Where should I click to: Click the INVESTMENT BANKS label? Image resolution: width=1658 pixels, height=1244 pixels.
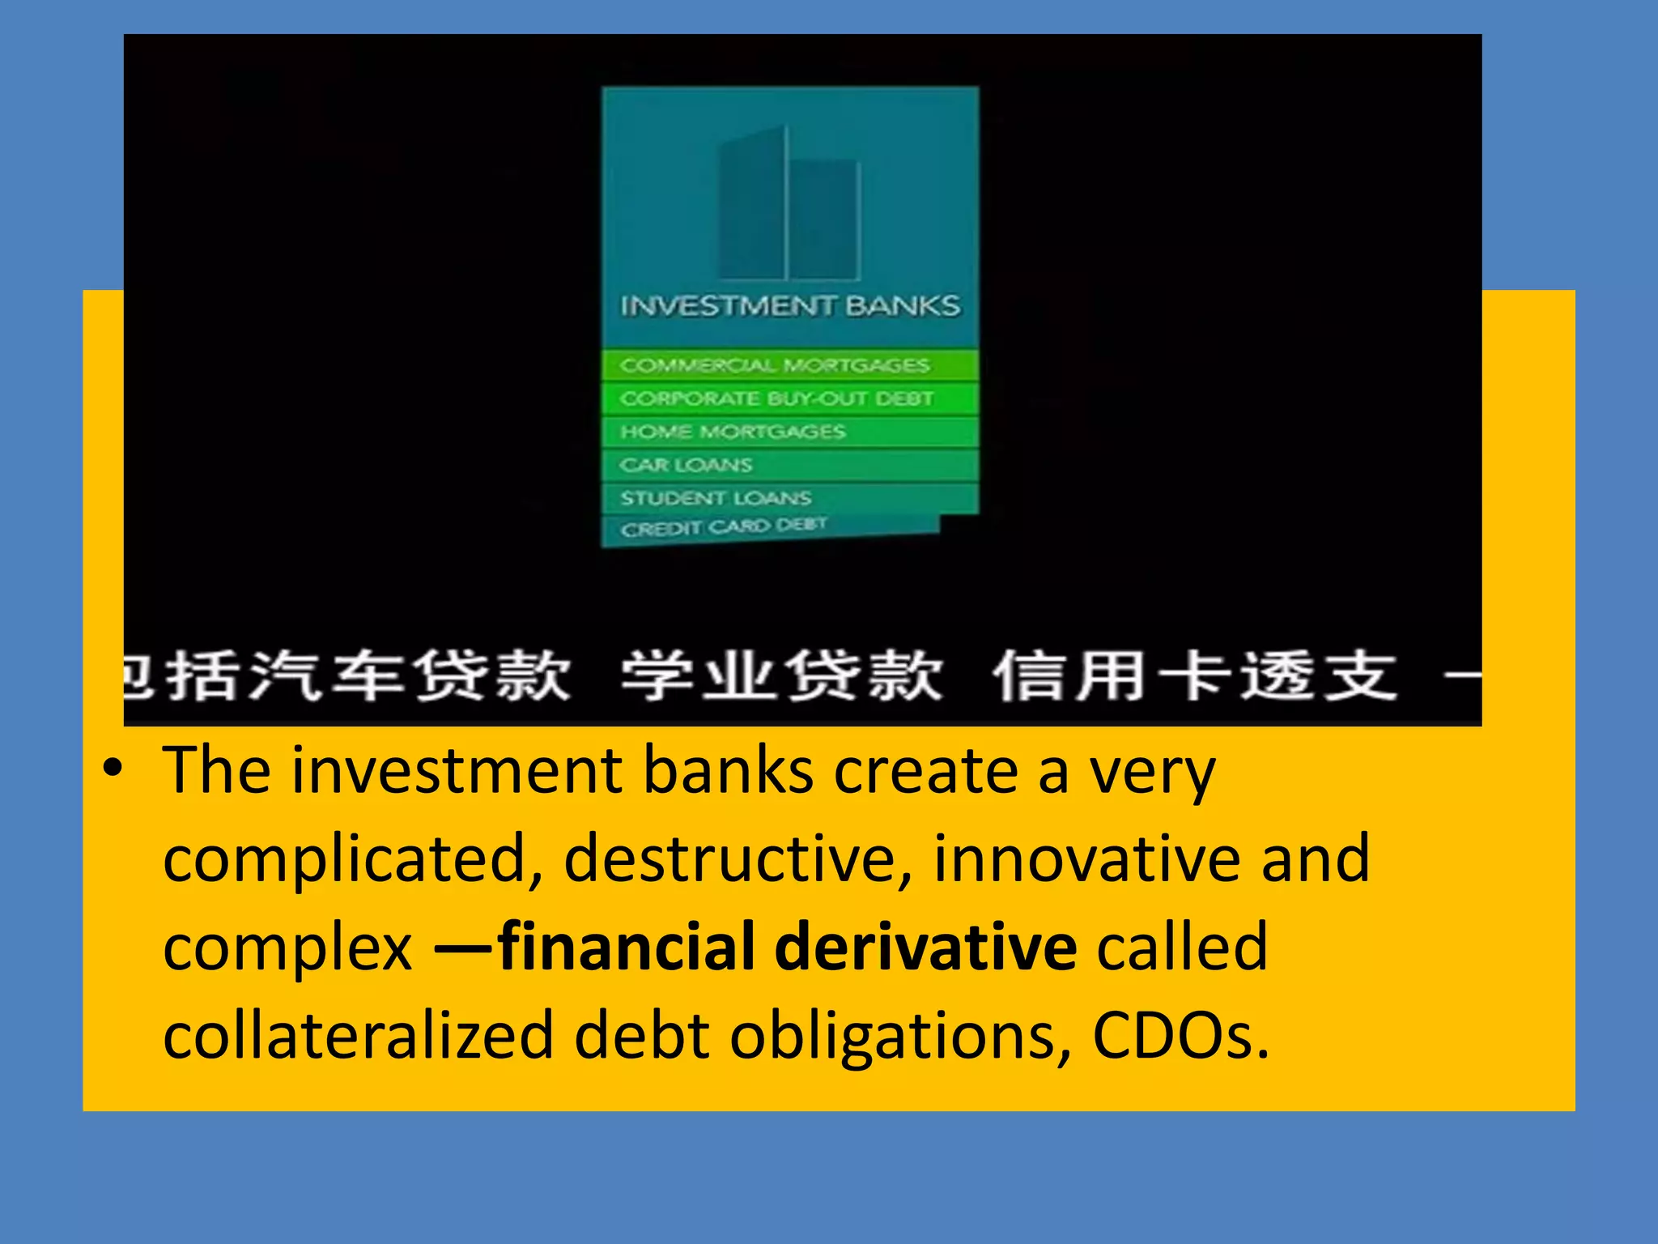tap(790, 306)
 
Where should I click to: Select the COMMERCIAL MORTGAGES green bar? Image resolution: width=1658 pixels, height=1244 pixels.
tap(775, 365)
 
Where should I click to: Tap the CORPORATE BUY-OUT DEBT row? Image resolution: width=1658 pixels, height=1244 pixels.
tap(776, 398)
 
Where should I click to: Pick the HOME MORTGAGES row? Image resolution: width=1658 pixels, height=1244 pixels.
tap(733, 432)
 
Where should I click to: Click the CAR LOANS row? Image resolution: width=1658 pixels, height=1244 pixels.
tap(687, 465)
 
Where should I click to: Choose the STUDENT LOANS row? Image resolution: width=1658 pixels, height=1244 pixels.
tap(716, 497)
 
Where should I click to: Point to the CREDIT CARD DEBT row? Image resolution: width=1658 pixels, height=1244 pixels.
tap(723, 528)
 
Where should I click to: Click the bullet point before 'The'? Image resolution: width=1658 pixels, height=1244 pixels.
tap(113, 768)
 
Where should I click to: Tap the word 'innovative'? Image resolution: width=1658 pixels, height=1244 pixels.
tap(1086, 858)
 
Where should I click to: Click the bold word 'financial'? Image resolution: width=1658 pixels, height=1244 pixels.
tap(627, 947)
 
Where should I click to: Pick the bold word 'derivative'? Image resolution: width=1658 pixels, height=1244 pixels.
tap(925, 947)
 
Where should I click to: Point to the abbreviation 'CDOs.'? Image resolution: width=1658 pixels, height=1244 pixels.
tap(1180, 1036)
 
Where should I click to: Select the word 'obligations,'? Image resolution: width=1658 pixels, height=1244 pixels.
tap(901, 1036)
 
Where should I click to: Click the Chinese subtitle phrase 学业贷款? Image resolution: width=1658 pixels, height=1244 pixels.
tap(782, 675)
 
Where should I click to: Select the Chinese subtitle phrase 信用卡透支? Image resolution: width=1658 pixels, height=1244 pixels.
tap(1195, 675)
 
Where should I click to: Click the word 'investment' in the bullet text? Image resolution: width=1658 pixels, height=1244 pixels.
tap(457, 771)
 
